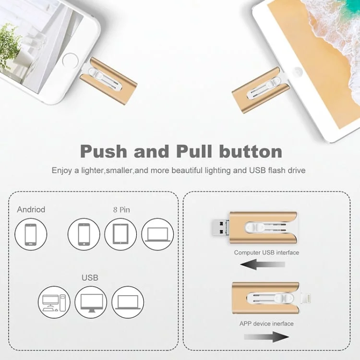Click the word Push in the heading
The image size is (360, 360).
pos(104,151)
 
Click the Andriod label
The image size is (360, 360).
pos(31,209)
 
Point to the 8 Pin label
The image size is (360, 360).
pos(121,209)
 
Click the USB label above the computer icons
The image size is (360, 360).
pos(90,277)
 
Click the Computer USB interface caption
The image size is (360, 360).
pos(266,252)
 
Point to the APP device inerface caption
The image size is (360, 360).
pos(266,324)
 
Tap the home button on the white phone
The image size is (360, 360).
pos(70,60)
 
